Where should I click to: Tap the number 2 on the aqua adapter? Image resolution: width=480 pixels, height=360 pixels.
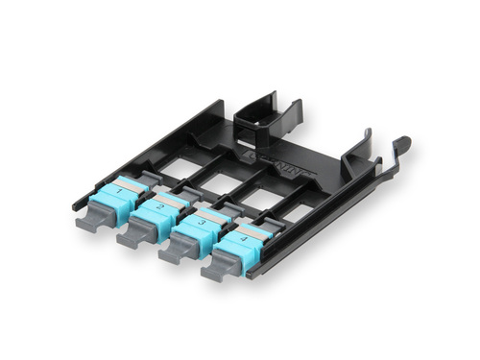pos(159,206)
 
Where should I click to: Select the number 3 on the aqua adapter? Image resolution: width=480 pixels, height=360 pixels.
pos(203,223)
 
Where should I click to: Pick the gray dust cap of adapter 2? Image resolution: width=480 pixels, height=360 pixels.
pos(133,236)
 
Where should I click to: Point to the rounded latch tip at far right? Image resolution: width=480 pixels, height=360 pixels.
pos(402,145)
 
